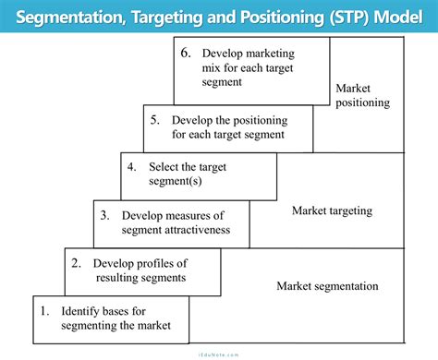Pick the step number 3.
(104, 215)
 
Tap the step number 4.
(132, 167)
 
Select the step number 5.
(154, 119)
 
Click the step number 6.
(187, 54)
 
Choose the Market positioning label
(362, 95)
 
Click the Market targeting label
(332, 210)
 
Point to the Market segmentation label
(327, 286)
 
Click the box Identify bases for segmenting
(111, 318)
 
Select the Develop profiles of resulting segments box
(142, 270)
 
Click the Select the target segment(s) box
(199, 175)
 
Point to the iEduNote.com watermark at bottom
(219, 353)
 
